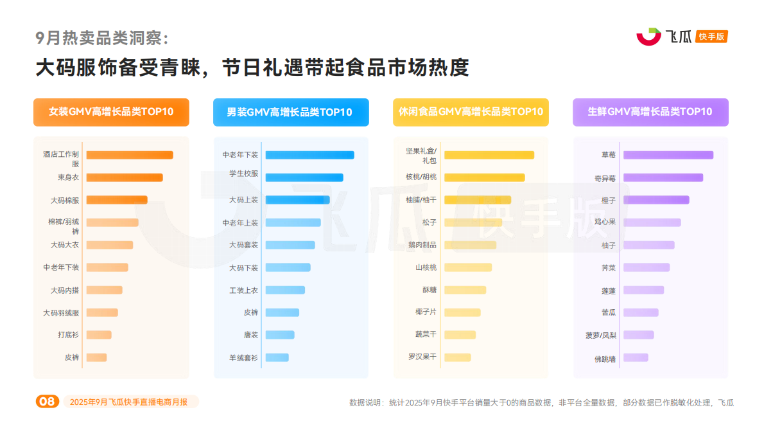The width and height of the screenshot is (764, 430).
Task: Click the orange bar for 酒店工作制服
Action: (x=130, y=155)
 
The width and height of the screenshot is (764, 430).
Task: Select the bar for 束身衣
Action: (x=125, y=177)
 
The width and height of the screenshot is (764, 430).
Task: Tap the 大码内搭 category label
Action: (x=65, y=291)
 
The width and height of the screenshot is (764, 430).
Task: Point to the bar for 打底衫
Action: (x=99, y=335)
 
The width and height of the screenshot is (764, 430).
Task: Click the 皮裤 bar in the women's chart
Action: (x=96, y=357)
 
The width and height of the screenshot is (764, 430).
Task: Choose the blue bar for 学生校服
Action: (x=304, y=177)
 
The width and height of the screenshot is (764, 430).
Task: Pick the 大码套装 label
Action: (x=243, y=245)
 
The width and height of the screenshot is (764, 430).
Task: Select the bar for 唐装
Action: (x=280, y=335)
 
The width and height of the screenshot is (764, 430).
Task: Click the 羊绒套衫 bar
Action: (x=277, y=357)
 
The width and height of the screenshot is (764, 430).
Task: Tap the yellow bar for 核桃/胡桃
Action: (x=485, y=177)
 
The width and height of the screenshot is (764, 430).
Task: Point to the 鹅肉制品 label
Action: (x=422, y=245)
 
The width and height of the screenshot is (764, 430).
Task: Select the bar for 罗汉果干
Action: (x=458, y=357)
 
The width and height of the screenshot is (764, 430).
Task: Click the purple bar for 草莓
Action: (x=668, y=155)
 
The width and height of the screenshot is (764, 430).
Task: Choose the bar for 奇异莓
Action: (x=663, y=177)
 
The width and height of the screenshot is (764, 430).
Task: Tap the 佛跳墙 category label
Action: (x=605, y=359)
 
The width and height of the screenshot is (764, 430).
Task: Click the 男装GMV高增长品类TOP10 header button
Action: (x=291, y=112)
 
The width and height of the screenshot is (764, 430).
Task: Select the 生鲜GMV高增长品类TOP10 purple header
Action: (x=650, y=112)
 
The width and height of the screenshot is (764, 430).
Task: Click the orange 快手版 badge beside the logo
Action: (x=712, y=37)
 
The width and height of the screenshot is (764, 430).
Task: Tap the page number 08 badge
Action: (x=47, y=402)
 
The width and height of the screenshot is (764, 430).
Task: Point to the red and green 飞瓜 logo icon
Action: (x=648, y=37)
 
